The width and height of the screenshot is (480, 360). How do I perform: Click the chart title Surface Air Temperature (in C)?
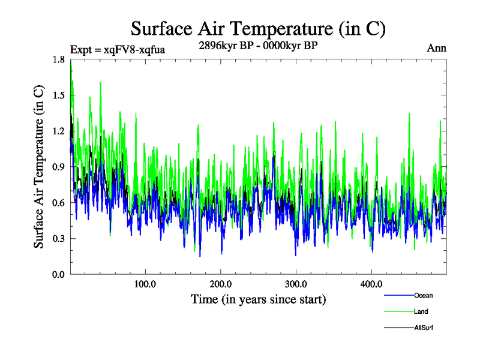[x=257, y=28]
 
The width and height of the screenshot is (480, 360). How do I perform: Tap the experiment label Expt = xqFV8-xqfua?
[x=118, y=49]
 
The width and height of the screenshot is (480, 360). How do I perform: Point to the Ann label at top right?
[x=436, y=48]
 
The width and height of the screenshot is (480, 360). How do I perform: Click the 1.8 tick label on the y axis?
[x=59, y=60]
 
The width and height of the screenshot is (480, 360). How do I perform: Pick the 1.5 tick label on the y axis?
[x=59, y=96]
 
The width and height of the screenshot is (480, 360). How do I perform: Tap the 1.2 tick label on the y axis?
[x=59, y=131]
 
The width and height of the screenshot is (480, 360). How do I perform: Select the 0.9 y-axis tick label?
[x=59, y=167]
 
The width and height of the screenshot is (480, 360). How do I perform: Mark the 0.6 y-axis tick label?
[x=59, y=203]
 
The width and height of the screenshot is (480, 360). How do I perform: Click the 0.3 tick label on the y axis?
[x=59, y=239]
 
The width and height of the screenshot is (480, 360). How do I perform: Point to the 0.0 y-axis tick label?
[x=59, y=274]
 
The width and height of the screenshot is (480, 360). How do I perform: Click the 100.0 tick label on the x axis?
[x=145, y=284]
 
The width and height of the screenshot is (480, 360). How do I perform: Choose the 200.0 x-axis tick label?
[x=221, y=284]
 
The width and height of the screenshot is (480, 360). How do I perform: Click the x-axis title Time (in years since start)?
[x=258, y=299]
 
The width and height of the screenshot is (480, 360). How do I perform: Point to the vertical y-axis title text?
[x=38, y=167]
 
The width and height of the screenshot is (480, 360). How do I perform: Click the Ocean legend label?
[x=423, y=295]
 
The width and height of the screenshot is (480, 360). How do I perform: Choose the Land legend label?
[x=421, y=311]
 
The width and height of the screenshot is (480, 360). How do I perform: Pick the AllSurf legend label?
[x=424, y=328]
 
